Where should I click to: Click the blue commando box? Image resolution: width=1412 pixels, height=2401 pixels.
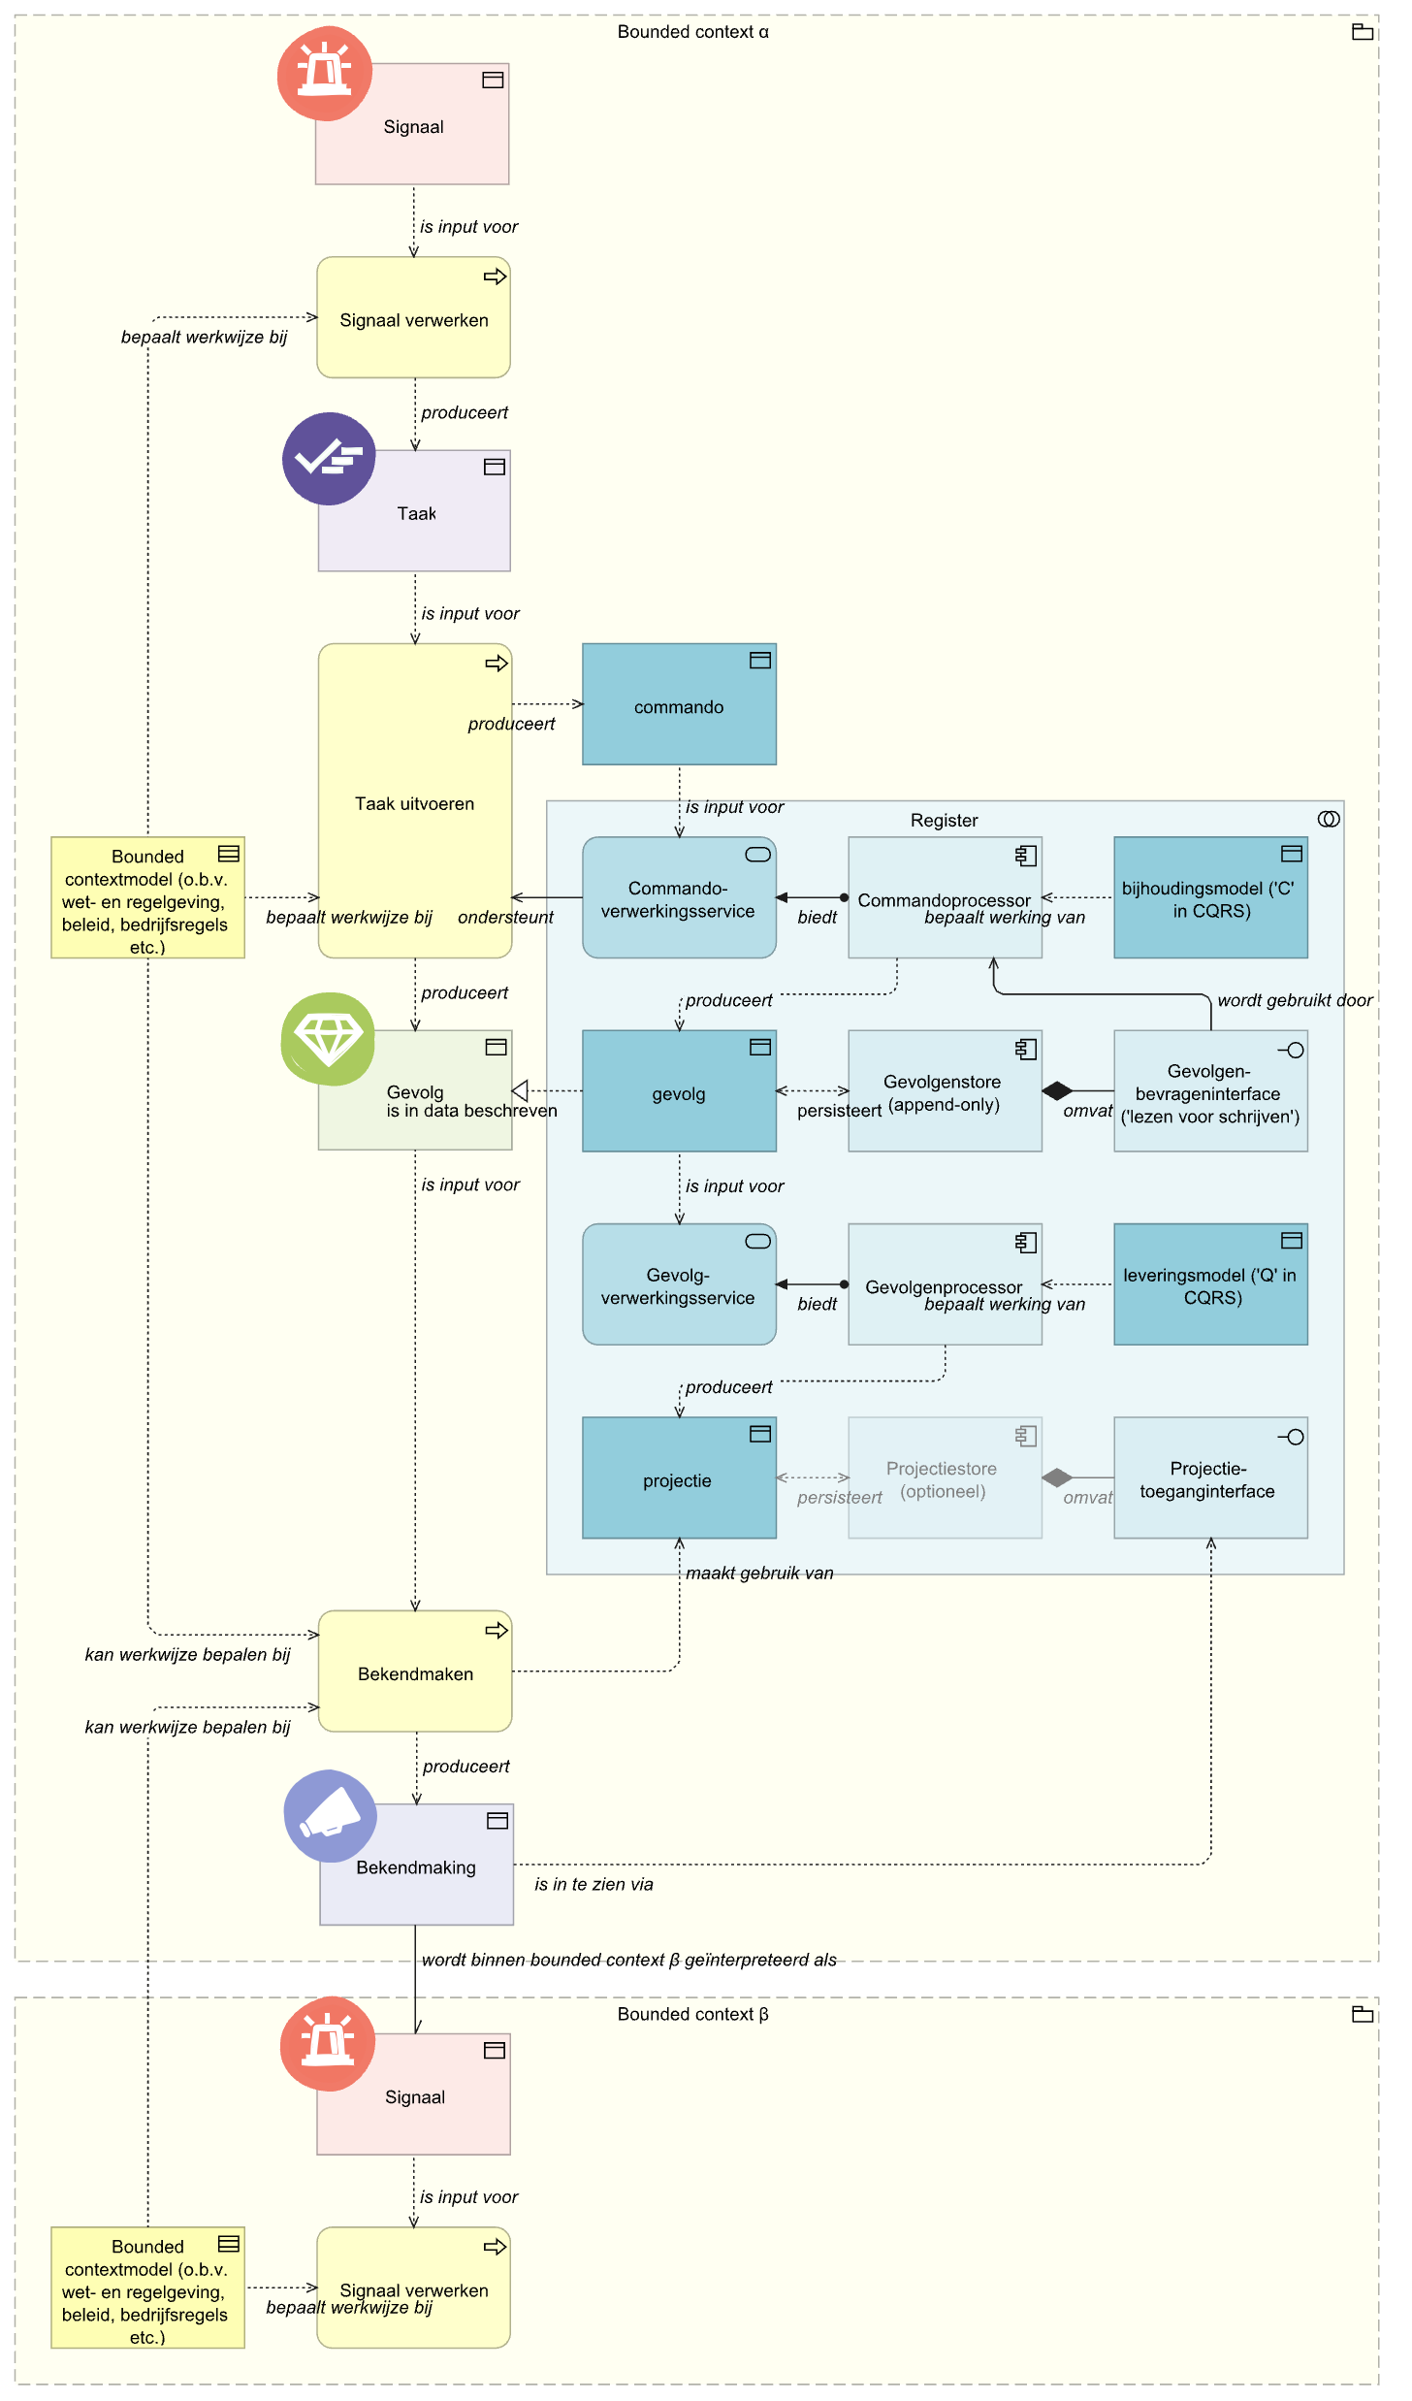pyautogui.click(x=679, y=705)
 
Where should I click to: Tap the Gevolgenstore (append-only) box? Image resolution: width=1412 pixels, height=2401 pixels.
pyautogui.click(x=945, y=1091)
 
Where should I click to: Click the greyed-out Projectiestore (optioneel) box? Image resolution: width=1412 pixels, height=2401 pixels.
pyautogui.click(x=945, y=1478)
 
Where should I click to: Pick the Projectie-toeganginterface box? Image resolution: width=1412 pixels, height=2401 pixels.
pyautogui.click(x=1209, y=1478)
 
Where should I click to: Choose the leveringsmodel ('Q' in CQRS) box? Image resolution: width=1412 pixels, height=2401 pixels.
pyautogui.click(x=1209, y=1285)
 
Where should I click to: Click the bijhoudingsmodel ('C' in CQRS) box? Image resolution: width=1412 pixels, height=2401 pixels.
pyautogui.click(x=1209, y=898)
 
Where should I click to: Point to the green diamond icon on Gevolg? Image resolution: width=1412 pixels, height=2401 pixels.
pyautogui.click(x=328, y=1039)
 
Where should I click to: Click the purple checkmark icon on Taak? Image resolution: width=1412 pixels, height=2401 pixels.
pyautogui.click(x=329, y=459)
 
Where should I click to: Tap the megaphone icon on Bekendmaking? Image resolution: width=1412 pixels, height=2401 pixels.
pyautogui.click(x=330, y=1816)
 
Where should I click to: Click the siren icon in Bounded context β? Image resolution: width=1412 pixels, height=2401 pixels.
pyautogui.click(x=328, y=2044)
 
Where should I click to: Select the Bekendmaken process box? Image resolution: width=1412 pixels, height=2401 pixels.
pyautogui.click(x=415, y=1672)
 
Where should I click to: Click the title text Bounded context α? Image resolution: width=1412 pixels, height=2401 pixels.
pyautogui.click(x=692, y=32)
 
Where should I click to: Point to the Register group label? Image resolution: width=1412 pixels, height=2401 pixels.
pyautogui.click(x=944, y=821)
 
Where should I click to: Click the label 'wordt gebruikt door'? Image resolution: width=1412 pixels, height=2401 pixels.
pyautogui.click(x=1295, y=1000)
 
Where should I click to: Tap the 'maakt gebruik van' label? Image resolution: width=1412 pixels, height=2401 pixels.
pyautogui.click(x=759, y=1574)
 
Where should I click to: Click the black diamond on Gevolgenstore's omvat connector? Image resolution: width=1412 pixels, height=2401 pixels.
pyautogui.click(x=1057, y=1091)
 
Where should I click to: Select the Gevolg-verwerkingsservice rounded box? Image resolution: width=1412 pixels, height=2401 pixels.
pyautogui.click(x=679, y=1285)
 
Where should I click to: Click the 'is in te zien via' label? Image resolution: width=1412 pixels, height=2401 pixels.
pyautogui.click(x=594, y=1885)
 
